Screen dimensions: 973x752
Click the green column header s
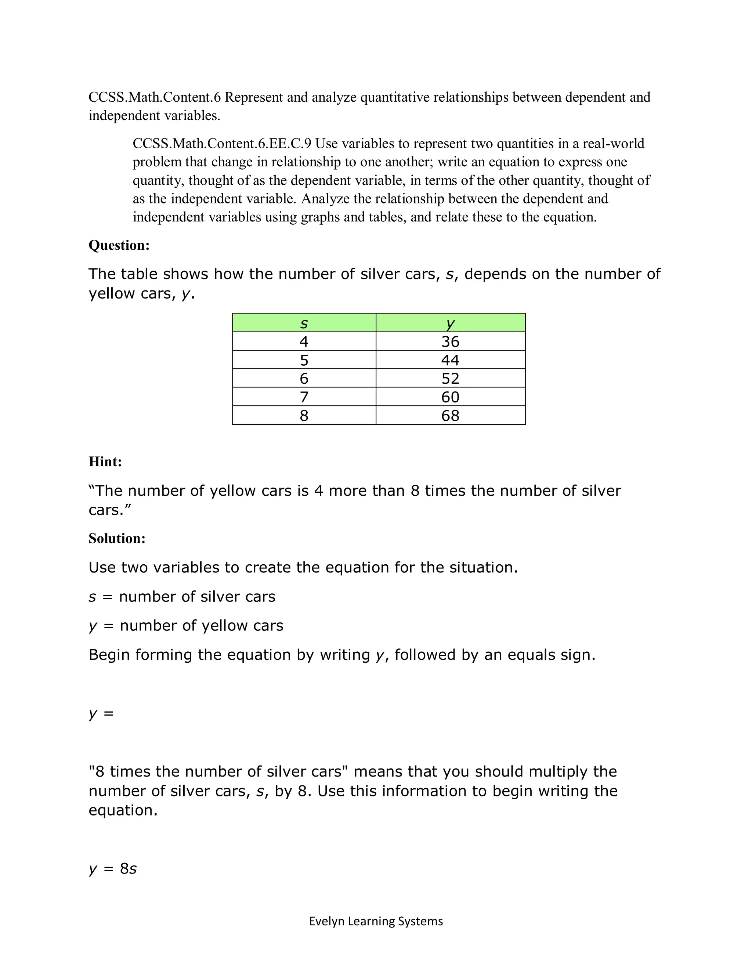(304, 323)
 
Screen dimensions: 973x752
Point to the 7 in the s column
(304, 397)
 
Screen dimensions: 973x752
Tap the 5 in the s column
(304, 360)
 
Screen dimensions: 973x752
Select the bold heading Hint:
(105, 462)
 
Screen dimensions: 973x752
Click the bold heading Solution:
(117, 539)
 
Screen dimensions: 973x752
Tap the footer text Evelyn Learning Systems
(376, 921)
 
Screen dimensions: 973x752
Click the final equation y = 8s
(113, 869)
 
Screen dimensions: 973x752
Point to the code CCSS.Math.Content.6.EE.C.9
(222, 144)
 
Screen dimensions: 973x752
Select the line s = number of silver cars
(182, 597)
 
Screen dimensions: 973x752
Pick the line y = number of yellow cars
(186, 626)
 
